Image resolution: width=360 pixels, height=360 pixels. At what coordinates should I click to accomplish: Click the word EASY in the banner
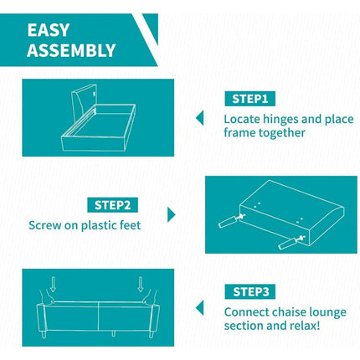tap(49, 30)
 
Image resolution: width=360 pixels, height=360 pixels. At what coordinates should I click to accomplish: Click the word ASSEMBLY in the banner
tap(71, 50)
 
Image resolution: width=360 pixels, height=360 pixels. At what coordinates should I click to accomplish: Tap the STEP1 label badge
tap(249, 99)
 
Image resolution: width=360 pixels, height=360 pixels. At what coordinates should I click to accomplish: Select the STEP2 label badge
tap(112, 205)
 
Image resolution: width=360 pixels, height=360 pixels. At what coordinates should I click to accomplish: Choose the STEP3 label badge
tap(250, 292)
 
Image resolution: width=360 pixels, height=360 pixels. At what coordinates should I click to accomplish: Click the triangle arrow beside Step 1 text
tap(200, 118)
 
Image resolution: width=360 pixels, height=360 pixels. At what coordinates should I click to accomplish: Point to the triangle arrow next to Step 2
tap(171, 214)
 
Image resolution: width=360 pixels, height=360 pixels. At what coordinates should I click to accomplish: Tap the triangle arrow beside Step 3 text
tap(200, 308)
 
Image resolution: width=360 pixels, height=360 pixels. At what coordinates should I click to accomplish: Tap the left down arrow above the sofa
tap(53, 284)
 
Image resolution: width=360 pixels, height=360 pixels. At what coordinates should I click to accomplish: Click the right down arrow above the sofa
tap(141, 284)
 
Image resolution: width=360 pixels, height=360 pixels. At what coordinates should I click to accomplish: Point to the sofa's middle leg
tap(113, 333)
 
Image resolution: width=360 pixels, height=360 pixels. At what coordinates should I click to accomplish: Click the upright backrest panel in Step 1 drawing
tap(83, 99)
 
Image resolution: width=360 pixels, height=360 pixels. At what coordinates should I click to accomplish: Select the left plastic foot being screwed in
tap(228, 222)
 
